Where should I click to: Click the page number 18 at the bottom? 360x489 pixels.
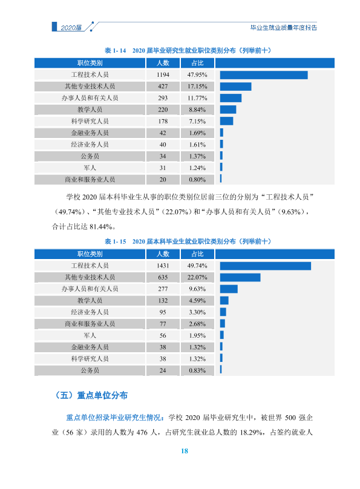185,451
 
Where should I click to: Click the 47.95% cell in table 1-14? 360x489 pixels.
197,75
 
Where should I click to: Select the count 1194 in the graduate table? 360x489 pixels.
163,75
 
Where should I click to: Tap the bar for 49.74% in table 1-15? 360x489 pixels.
266,266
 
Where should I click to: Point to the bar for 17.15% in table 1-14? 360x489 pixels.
235,87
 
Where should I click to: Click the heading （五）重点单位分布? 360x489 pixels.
91,395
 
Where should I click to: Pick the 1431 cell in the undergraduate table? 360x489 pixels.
163,266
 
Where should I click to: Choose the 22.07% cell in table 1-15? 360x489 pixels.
197,277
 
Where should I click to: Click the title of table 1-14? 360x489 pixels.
188,50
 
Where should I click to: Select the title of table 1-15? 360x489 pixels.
188,241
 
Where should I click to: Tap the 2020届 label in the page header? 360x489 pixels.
71,28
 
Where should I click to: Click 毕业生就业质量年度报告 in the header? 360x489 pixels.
284,28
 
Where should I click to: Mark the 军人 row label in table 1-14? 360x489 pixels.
90,168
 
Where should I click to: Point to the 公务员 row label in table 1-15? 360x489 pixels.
90,370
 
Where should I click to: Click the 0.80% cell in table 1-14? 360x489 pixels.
197,180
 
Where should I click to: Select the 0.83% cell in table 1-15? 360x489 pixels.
197,370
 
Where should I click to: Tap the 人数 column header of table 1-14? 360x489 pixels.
163,63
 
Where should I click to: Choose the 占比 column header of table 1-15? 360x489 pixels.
197,254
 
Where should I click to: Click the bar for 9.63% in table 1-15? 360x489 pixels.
229,289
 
